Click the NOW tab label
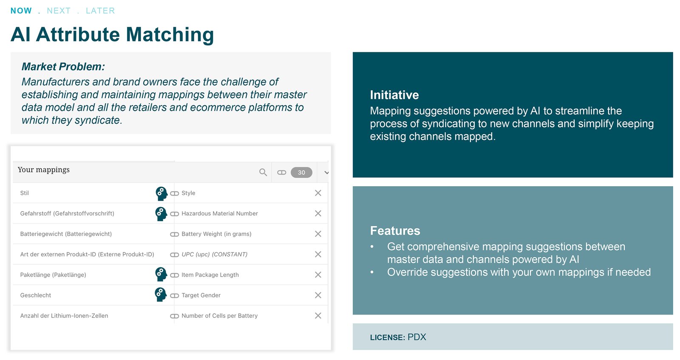click(x=21, y=11)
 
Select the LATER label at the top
click(x=100, y=11)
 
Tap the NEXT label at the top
click(x=59, y=11)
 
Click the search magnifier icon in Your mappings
click(x=263, y=173)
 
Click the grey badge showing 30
click(x=301, y=173)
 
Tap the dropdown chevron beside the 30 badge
click(x=326, y=173)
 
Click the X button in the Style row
click(x=318, y=193)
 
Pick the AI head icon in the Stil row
click(x=161, y=193)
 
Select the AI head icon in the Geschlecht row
click(x=161, y=295)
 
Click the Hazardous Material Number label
click(x=219, y=213)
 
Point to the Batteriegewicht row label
click(x=66, y=234)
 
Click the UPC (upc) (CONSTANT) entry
click(x=214, y=254)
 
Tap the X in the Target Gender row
click(x=318, y=295)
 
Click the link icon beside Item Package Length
click(x=174, y=275)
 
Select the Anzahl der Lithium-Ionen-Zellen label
click(x=64, y=316)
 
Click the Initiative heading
click(x=394, y=95)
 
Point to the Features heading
click(x=395, y=231)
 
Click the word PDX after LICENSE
click(x=416, y=337)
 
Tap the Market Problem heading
click(x=63, y=66)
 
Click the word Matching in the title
click(x=170, y=34)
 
